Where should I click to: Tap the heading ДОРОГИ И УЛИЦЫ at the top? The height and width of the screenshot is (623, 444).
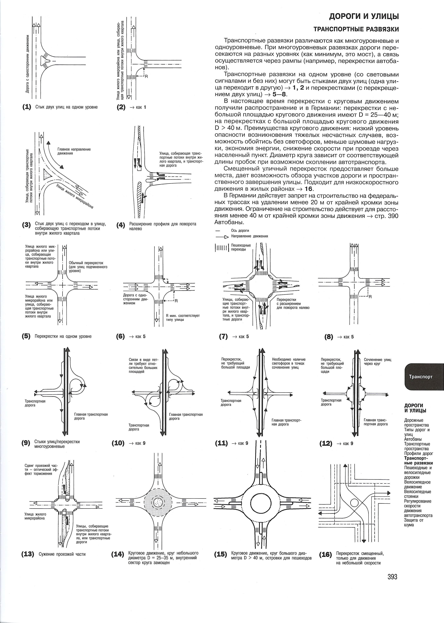coord(364,16)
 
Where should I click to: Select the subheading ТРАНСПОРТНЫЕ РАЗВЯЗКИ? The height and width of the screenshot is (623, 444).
coord(356,29)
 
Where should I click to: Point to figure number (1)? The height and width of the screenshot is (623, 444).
coord(27,107)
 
